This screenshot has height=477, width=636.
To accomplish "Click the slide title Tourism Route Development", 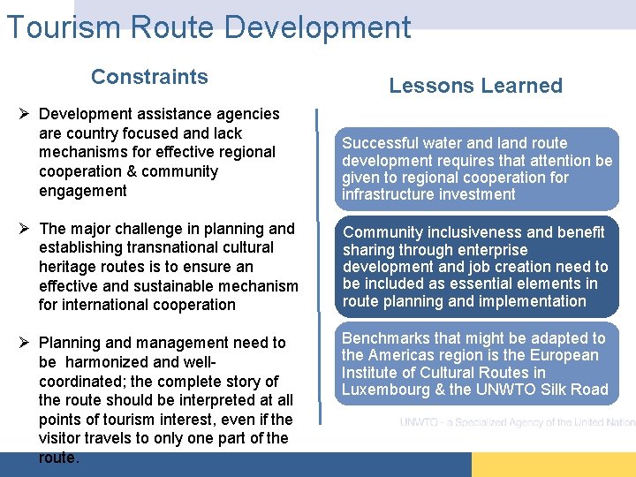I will [x=208, y=27].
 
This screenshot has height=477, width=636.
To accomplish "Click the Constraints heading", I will [x=149, y=77].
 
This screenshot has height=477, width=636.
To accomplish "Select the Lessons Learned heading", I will [x=475, y=86].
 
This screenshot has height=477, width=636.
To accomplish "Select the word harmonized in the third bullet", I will [x=121, y=362].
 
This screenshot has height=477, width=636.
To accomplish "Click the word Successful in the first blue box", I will [x=380, y=143].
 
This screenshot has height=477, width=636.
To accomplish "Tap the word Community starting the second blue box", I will [x=382, y=232].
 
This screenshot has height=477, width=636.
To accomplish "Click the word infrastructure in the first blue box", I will [x=385, y=194].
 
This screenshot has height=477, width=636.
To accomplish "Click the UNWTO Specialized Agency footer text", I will [x=517, y=422].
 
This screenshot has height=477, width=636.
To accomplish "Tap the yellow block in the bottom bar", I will [x=553, y=465].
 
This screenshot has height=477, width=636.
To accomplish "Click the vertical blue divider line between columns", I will [x=317, y=265].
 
